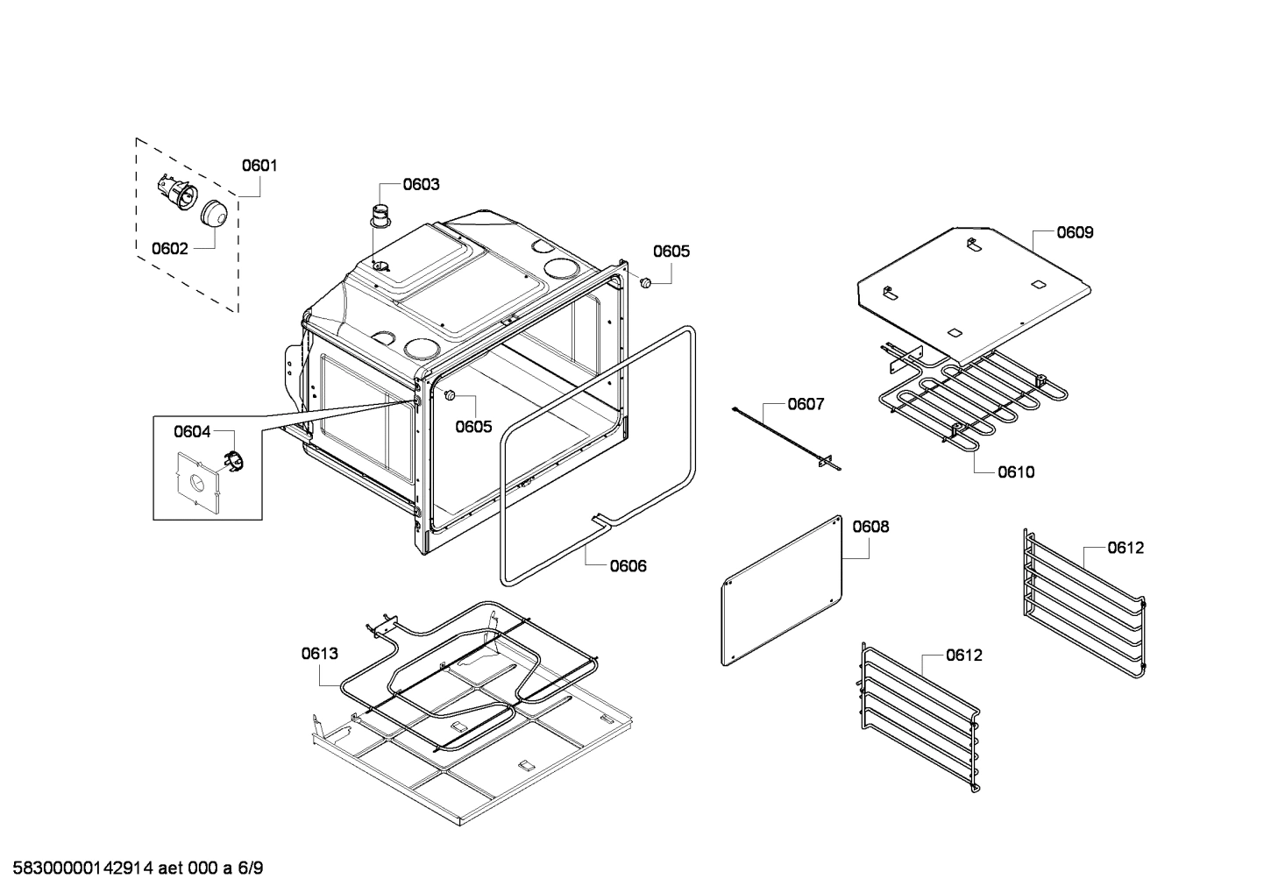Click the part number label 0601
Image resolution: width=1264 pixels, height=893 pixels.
[259, 165]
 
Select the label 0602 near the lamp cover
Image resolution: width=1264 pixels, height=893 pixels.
[169, 248]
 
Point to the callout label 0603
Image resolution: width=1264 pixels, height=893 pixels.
[421, 184]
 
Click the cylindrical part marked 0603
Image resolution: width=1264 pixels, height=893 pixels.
[380, 215]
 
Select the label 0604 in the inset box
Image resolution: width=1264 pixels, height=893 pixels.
[192, 430]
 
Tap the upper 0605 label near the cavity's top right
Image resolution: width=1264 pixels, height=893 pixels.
[671, 252]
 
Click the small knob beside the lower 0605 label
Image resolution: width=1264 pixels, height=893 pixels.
[450, 396]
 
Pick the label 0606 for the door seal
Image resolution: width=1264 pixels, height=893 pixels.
[628, 565]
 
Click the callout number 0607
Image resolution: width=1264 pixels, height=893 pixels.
[805, 404]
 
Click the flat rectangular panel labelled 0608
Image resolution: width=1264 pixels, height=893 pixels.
[780, 592]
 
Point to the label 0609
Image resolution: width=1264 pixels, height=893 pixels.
[1074, 232]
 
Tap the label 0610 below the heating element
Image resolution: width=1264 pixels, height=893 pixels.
[1015, 471]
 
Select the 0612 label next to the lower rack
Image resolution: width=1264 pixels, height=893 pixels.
[963, 655]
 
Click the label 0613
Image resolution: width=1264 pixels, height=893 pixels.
[319, 653]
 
